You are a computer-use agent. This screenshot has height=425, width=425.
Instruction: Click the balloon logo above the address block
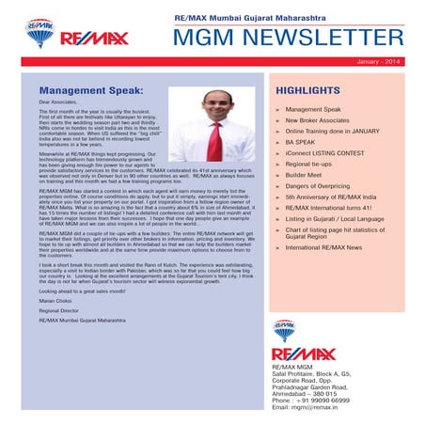click(x=283, y=330)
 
